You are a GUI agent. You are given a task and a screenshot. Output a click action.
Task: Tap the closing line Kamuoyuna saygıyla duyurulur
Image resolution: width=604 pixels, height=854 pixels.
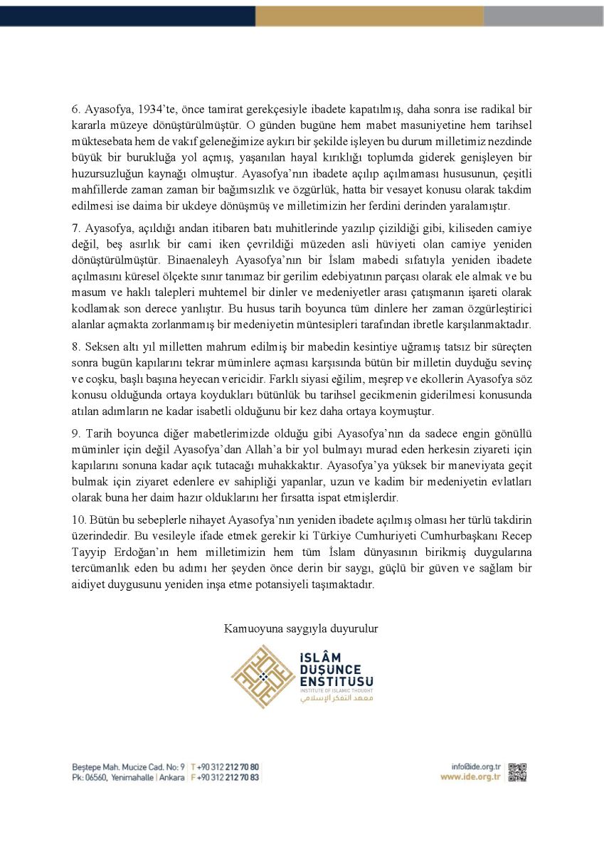tap(301, 628)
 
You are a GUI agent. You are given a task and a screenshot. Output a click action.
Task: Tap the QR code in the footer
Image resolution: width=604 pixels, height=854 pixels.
tap(517, 772)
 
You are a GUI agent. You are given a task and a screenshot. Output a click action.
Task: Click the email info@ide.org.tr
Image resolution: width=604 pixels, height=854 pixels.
tap(477, 766)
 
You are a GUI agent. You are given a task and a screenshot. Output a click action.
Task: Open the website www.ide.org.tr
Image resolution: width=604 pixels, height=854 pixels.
tap(472, 777)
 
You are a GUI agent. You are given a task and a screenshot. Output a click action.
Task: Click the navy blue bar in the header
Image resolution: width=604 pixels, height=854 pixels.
tap(127, 16)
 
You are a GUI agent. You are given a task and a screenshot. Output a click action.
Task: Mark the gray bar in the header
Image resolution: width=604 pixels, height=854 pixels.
tap(544, 16)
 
